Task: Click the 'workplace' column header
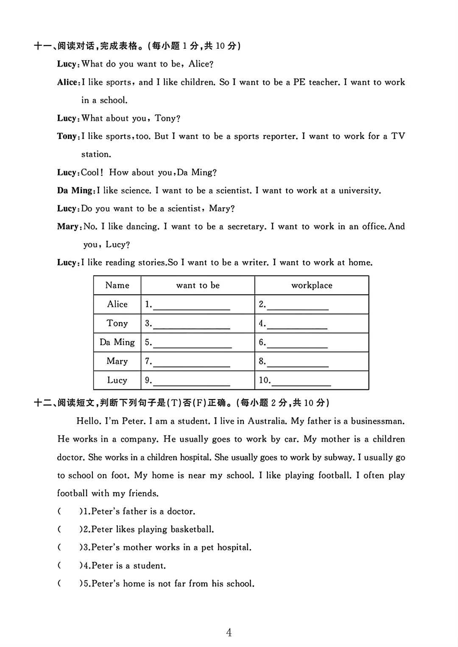[x=312, y=286]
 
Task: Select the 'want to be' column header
[x=198, y=286]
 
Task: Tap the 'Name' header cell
[x=117, y=285]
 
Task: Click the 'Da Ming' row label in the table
[x=117, y=342]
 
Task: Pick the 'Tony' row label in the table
[x=117, y=323]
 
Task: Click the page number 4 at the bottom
[x=229, y=633]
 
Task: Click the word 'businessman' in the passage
[x=377, y=421]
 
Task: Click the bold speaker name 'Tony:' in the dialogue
[x=68, y=136]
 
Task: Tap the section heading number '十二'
[x=43, y=403]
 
